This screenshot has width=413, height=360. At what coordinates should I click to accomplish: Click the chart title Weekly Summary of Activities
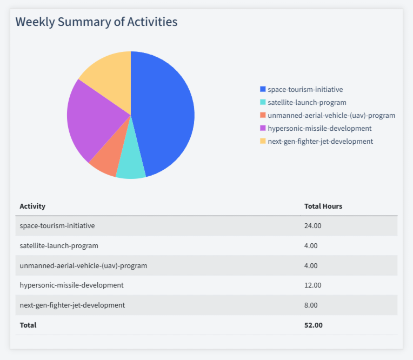coord(96,22)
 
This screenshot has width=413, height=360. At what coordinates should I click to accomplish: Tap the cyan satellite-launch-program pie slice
coord(131,162)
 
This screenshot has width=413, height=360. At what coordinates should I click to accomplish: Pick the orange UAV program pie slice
coord(105,159)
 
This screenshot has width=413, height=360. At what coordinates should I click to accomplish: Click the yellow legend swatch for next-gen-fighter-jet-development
coord(263,141)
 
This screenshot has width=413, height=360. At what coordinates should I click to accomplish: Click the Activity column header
coord(32,206)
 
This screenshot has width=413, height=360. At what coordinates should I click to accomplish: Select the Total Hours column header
coord(323,206)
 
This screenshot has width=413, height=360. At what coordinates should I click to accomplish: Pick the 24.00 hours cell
coord(313,225)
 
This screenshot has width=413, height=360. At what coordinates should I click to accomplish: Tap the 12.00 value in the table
coord(313,285)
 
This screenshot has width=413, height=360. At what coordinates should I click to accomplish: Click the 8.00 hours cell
coord(311,305)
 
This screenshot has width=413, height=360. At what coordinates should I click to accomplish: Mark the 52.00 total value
coord(314,325)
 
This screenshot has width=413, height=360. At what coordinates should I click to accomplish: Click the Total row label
coord(28,325)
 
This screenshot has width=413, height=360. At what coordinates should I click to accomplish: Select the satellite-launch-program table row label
coord(59,245)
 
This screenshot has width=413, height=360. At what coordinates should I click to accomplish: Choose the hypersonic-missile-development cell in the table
coord(71,285)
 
